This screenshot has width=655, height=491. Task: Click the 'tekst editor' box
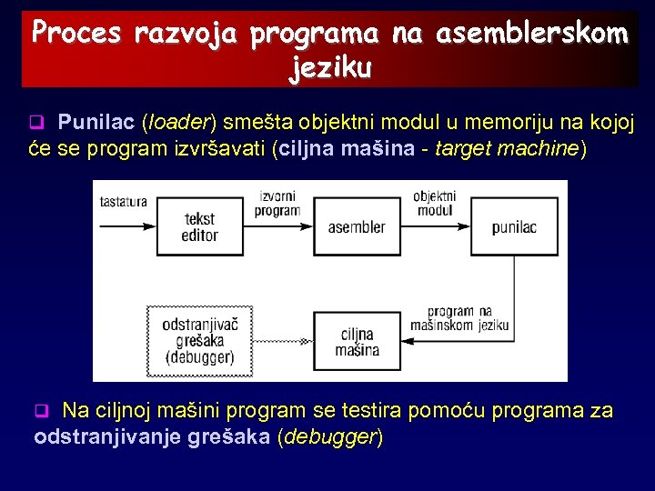coord(199,226)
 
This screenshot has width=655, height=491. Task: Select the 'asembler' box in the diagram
coord(356,226)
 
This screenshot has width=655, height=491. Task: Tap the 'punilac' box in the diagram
coord(515,226)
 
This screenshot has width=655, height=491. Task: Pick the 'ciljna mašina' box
coord(357,342)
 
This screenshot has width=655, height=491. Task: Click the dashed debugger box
coord(198,341)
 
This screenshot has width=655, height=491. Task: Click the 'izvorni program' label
coord(277,203)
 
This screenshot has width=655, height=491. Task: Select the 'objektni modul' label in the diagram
coord(434,203)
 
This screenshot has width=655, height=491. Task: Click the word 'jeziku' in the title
coord(329,67)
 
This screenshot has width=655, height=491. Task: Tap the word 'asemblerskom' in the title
coord(531,34)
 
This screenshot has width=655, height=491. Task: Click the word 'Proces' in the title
coord(76,34)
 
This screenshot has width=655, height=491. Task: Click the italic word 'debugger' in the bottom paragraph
coord(329,437)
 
